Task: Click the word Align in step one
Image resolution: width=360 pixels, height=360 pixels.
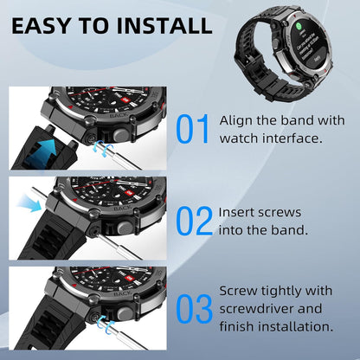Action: (x=235, y=119)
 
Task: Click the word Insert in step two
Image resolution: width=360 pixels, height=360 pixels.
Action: (x=236, y=211)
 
